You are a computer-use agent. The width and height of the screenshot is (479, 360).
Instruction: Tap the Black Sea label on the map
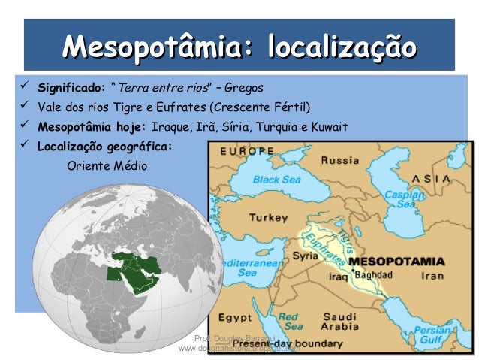click(276, 180)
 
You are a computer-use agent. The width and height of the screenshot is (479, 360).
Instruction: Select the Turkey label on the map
click(268, 218)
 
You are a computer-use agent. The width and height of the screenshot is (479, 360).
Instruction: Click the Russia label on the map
click(339, 159)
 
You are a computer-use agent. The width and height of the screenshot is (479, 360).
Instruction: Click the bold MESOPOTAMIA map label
click(398, 262)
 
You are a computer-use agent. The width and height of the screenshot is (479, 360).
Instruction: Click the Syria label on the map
click(305, 256)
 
